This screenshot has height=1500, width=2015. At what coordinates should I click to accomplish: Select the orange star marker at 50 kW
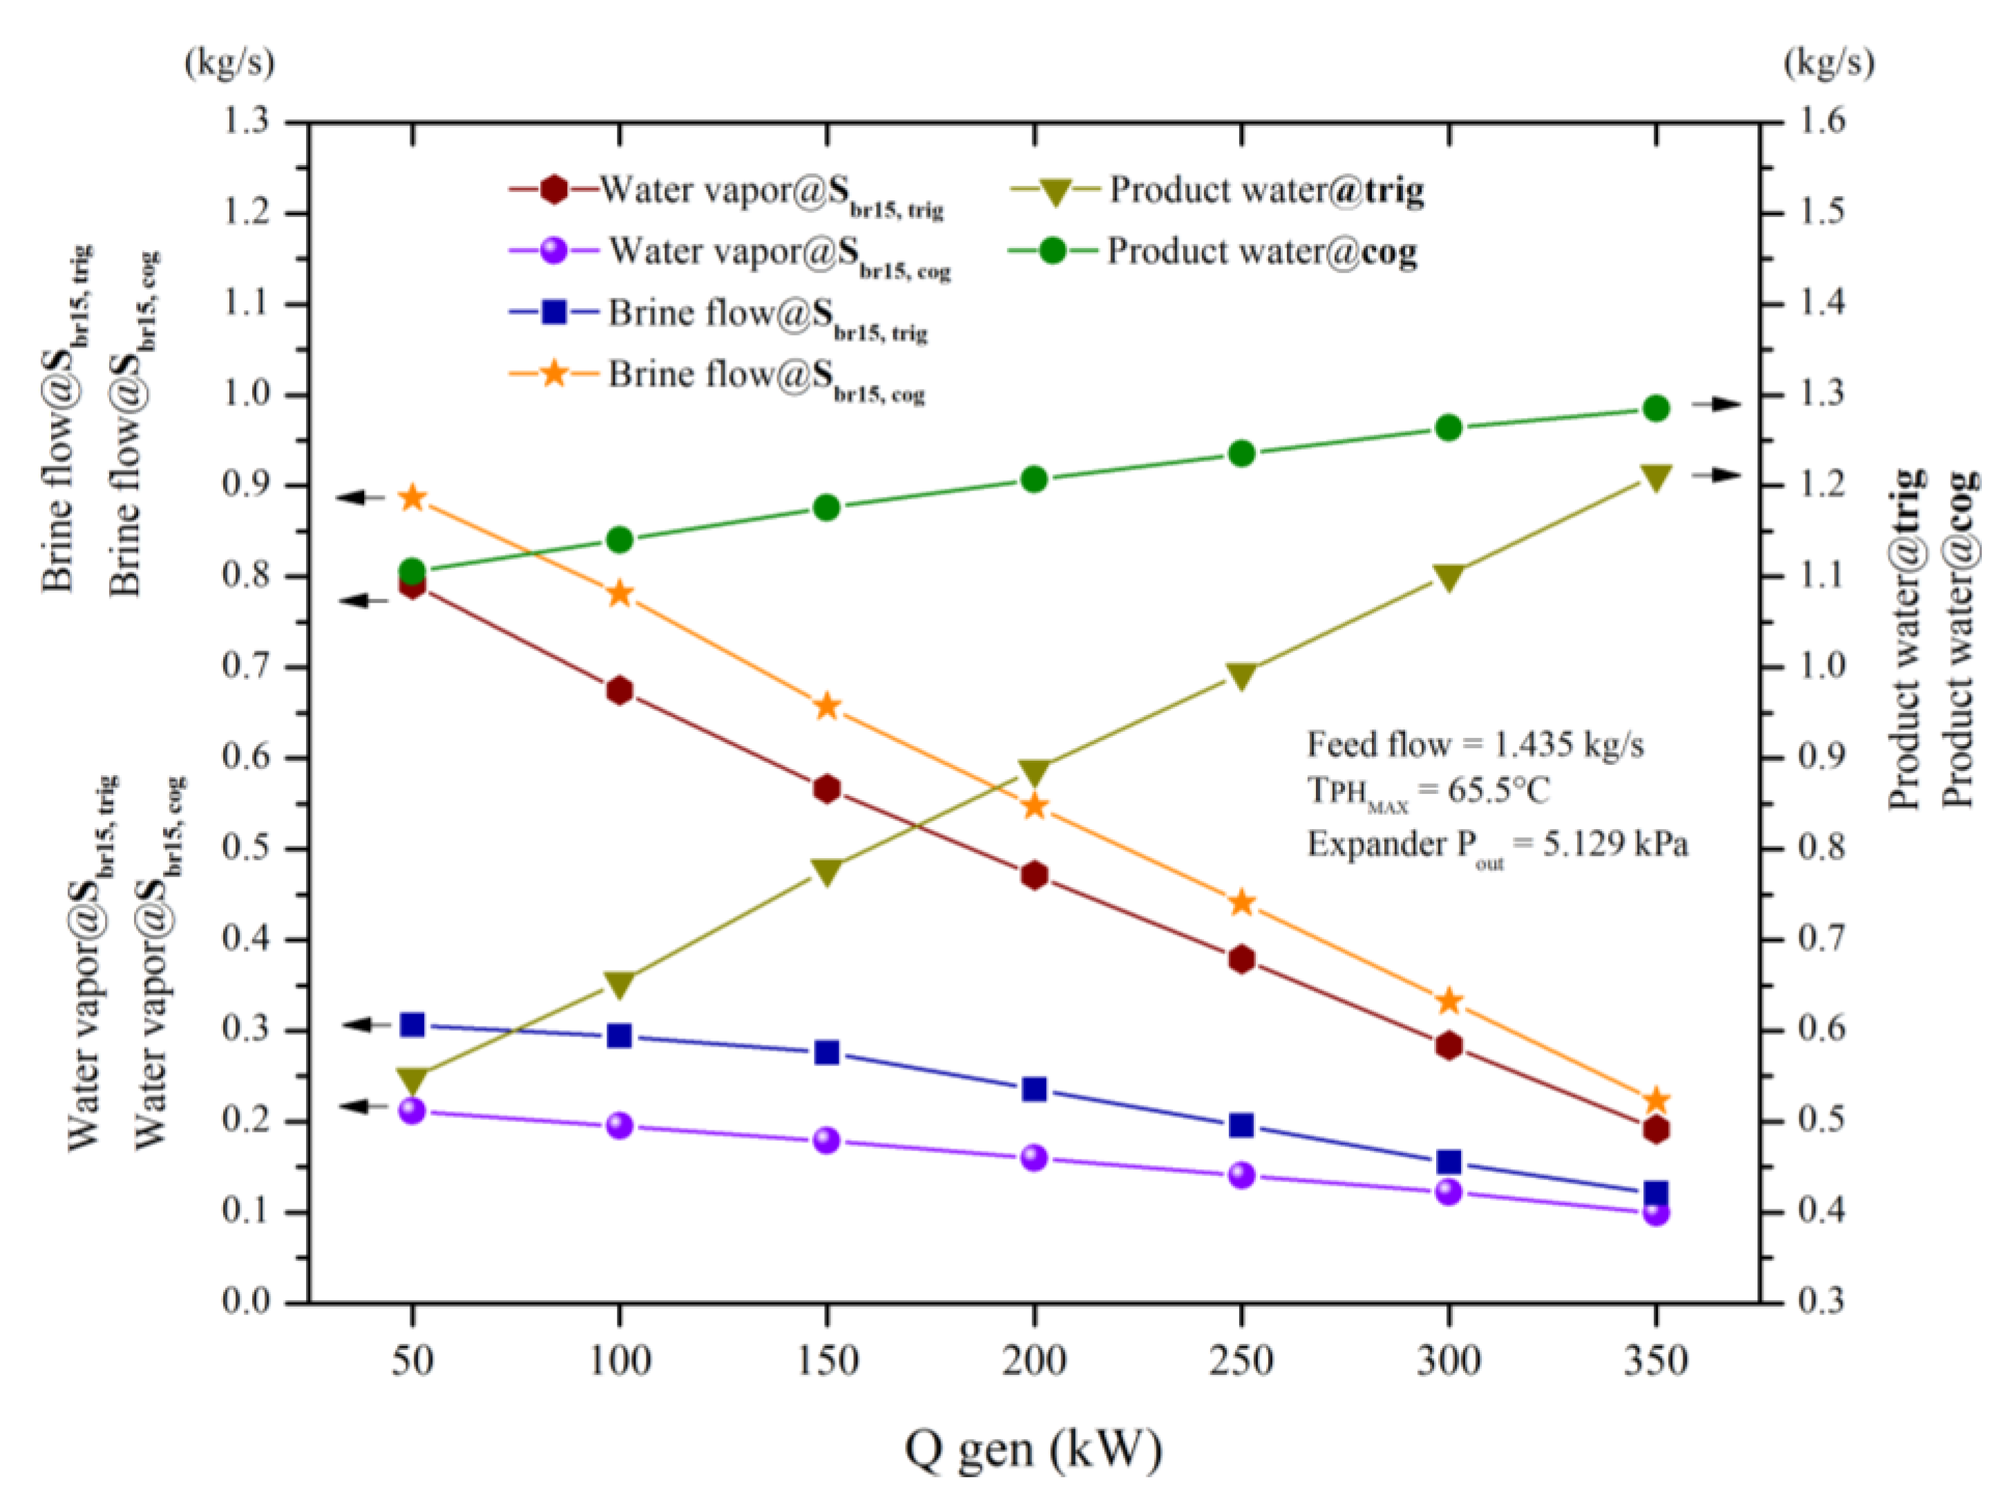pos(413,497)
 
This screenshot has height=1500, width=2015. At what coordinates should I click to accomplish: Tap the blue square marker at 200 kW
pos(1035,1089)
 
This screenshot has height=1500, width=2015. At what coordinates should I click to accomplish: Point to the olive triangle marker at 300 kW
pos(1449,578)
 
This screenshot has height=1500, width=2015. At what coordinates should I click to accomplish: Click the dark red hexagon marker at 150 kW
pos(827,788)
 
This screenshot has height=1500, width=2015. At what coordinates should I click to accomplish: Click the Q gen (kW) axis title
pos(1033,1449)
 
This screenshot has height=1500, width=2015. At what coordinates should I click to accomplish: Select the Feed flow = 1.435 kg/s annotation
pos(1475,745)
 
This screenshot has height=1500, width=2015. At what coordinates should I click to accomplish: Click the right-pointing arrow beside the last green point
pos(1715,405)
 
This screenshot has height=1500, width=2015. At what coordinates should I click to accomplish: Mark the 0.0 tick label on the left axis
pos(247,1302)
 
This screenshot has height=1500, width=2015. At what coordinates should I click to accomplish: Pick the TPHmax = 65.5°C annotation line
pos(1428,792)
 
